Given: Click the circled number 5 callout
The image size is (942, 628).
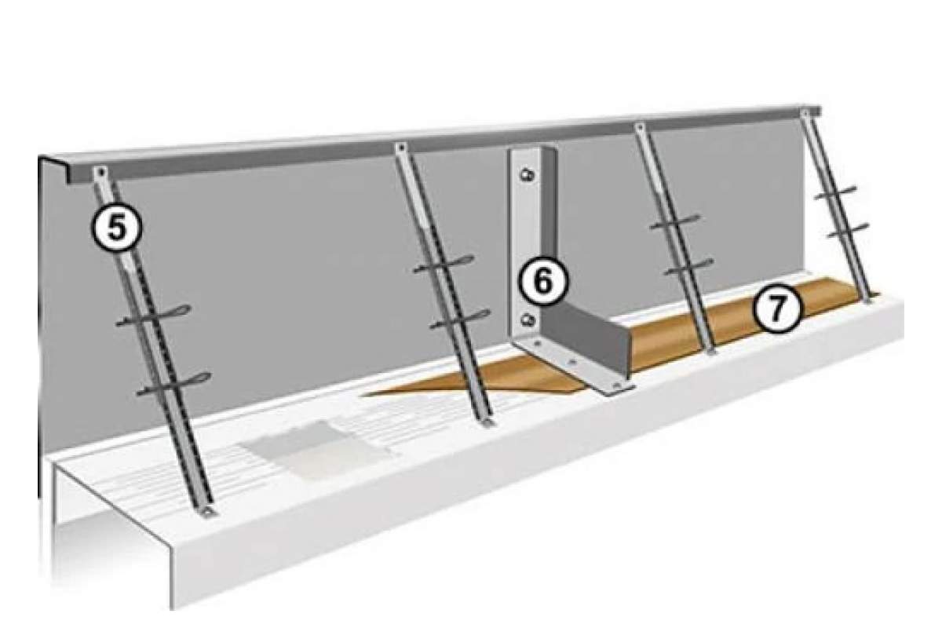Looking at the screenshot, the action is tap(116, 228).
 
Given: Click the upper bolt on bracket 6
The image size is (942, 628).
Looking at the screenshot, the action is tap(527, 174).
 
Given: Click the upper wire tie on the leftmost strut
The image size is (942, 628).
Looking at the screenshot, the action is tap(154, 316).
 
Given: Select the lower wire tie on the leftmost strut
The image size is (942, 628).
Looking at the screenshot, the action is tap(174, 384).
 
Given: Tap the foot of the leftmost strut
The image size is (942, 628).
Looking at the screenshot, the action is tap(208, 512).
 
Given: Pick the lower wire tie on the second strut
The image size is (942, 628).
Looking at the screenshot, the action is tap(461, 319).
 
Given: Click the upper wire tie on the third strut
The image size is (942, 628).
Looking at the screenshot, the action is tap(675, 222).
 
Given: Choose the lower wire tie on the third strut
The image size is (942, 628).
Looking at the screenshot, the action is tap(689, 267).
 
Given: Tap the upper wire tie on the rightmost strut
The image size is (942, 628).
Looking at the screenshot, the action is tap(835, 192).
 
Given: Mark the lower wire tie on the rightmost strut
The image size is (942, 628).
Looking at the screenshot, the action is tap(848, 231).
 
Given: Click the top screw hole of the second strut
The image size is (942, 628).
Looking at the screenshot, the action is tap(401, 148).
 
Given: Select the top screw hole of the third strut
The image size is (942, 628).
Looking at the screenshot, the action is tap(640, 126).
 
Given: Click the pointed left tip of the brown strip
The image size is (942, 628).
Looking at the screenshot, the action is tap(363, 395).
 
